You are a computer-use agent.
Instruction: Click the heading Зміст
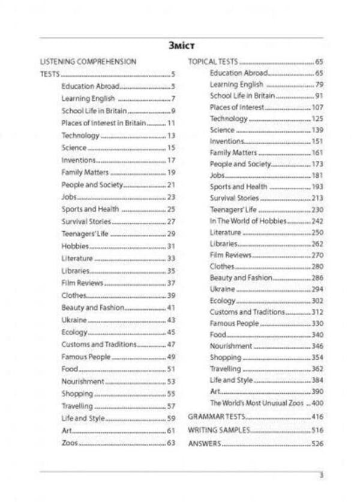tap(181, 46)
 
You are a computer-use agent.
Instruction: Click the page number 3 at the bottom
tap(321, 475)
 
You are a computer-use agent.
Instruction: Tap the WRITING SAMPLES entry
tap(219, 431)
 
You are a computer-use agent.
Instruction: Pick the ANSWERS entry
tap(205, 444)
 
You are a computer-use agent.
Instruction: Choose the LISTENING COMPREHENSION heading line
tap(88, 62)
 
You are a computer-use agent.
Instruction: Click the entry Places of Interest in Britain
tap(103, 123)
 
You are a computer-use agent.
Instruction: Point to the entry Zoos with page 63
tap(70, 443)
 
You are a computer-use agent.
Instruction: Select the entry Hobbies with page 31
tap(75, 246)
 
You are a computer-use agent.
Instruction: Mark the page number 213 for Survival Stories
tap(317, 198)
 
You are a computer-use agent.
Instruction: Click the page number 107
tap(317, 107)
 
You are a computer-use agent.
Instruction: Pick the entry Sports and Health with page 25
tap(89, 210)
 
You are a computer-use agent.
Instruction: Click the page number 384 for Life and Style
tap(317, 381)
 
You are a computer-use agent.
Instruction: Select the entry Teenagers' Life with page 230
tap(233, 210)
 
